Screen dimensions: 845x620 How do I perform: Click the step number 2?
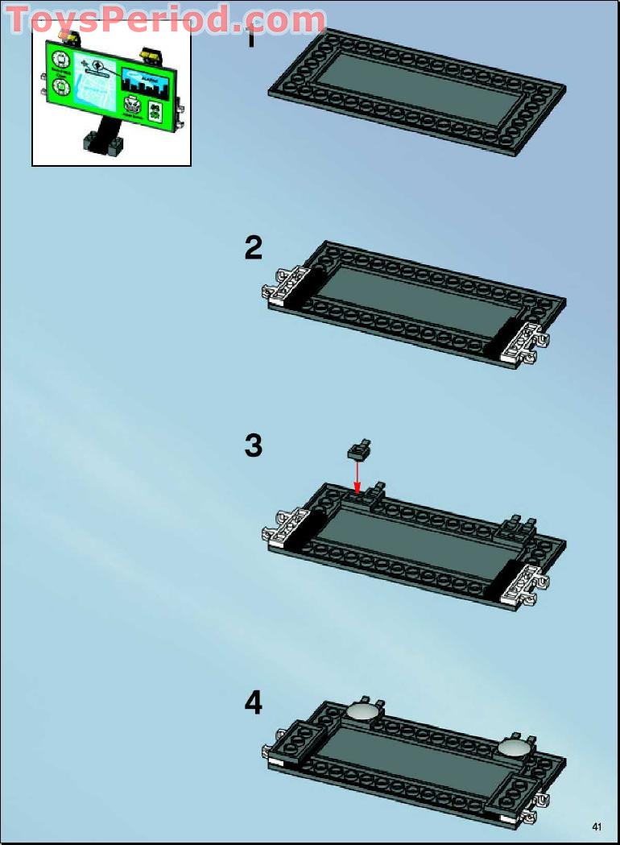click(x=254, y=248)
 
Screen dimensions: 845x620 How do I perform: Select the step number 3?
click(x=254, y=445)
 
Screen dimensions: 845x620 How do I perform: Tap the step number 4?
click(x=254, y=703)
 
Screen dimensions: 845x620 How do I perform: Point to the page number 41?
click(x=597, y=826)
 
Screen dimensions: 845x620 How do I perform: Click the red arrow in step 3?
click(x=357, y=474)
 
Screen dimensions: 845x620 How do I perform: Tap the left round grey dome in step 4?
click(x=362, y=711)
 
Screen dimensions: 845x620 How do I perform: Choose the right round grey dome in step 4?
click(x=513, y=748)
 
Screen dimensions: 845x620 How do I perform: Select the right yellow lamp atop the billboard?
click(x=149, y=54)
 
